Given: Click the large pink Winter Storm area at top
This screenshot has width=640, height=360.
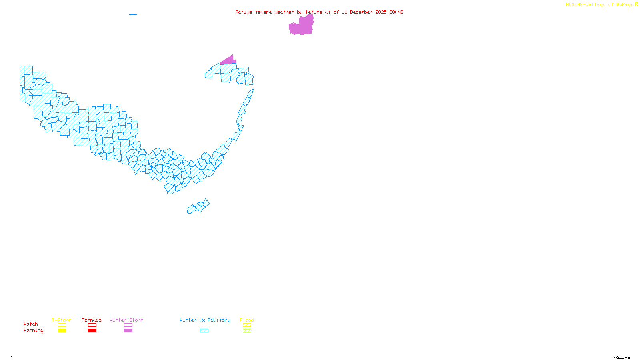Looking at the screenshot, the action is [301, 26].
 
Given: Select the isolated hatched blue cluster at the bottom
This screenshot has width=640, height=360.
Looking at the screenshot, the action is [198, 207].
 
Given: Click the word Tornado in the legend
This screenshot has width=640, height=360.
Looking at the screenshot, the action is [92, 320].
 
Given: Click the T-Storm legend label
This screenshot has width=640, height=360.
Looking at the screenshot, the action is [62, 320].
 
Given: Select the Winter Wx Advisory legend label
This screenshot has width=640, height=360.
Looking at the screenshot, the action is [205, 320].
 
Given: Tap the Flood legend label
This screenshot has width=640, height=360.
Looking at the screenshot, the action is [247, 320].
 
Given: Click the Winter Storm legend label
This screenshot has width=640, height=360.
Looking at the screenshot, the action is [126, 320].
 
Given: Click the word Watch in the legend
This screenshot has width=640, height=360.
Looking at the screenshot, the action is [31, 324].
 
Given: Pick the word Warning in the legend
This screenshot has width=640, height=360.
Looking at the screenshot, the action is [34, 330].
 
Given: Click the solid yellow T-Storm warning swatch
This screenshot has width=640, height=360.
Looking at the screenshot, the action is [62, 331].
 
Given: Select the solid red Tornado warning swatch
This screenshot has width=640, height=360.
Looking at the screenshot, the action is [92, 331].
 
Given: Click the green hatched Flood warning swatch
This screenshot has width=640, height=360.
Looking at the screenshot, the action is [247, 331].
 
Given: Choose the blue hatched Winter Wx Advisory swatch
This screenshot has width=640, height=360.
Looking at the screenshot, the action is [204, 331].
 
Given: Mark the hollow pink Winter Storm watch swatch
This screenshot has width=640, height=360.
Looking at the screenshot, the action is [128, 325].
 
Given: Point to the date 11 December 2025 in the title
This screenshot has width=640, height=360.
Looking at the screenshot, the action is [364, 12].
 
